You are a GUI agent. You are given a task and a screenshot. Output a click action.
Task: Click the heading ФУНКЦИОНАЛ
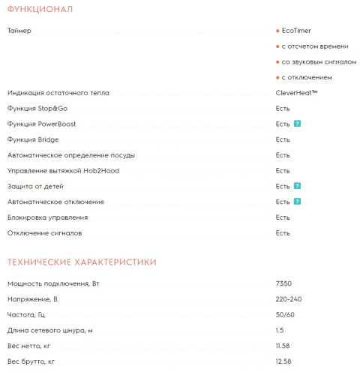(40, 9)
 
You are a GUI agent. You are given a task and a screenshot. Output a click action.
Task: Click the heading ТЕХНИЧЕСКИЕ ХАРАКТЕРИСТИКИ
(82, 262)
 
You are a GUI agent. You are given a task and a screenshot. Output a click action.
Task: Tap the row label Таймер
(20, 31)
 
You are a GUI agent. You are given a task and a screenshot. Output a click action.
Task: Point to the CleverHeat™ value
(297, 93)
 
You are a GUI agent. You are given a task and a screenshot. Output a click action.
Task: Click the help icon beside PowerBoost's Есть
(298, 124)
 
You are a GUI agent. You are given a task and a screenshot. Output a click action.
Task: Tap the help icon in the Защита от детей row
(298, 186)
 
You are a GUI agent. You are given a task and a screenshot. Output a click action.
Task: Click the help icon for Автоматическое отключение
(298, 202)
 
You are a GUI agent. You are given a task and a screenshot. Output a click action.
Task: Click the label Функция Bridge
(33, 139)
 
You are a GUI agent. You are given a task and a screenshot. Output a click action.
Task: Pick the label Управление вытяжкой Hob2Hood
(63, 171)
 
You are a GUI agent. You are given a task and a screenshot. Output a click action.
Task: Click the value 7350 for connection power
(283, 283)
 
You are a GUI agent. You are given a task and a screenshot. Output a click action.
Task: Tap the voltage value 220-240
(289, 299)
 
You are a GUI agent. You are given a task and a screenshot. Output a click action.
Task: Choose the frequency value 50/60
(286, 315)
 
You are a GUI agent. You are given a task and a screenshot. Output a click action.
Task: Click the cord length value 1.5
(280, 331)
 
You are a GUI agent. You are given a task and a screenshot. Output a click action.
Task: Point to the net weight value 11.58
(283, 346)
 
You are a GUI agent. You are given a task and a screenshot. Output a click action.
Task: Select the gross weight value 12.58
(283, 361)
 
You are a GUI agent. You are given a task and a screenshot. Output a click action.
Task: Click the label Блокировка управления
(47, 217)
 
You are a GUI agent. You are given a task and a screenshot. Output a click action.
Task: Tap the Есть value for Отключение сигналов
(283, 233)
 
